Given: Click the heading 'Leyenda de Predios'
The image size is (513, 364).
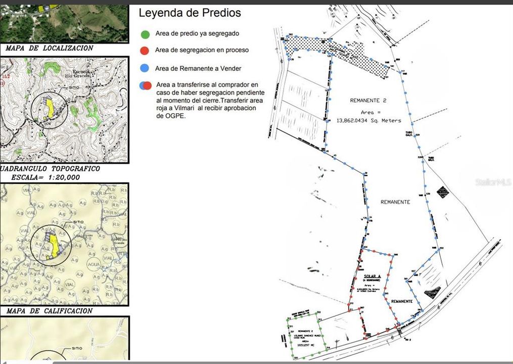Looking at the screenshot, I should click(190, 13).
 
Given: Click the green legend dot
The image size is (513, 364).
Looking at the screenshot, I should click(145, 34).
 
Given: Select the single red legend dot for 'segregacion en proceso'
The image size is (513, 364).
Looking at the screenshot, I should click(145, 51).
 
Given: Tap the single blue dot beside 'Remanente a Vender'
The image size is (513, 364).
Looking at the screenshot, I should click(145, 68).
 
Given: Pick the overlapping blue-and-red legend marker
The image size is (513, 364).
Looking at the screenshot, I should click(146, 85).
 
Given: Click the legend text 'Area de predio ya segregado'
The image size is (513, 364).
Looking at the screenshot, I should click(197, 34).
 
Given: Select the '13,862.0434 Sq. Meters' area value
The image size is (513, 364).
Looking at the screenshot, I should click(368, 120).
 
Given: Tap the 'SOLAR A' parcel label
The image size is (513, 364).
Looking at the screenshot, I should click(371, 277).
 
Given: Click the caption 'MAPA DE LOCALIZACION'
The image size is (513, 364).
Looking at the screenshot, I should click(50, 49).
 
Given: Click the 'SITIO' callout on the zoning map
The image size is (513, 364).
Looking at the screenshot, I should click(78, 222).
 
